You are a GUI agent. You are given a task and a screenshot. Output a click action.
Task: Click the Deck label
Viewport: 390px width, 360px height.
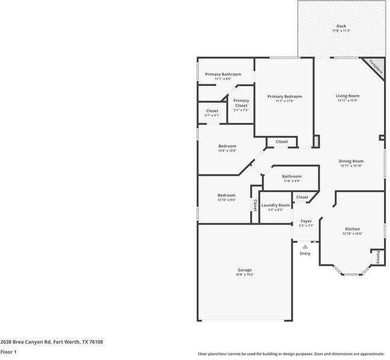[341, 26]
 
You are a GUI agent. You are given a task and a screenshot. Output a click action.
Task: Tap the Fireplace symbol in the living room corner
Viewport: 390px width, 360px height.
[375, 66]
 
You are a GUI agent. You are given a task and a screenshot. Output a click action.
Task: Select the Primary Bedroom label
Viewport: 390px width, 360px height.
[285, 96]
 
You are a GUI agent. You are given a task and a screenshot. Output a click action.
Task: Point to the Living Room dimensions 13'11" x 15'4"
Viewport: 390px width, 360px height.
[347, 101]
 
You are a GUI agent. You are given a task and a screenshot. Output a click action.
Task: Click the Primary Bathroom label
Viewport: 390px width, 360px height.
[223, 74]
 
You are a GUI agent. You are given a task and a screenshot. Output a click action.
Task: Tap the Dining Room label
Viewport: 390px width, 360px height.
[351, 161]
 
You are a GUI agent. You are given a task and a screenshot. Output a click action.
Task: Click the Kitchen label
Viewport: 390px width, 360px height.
[352, 229]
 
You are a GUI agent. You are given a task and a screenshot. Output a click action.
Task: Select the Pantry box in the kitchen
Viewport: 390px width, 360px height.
[377, 258]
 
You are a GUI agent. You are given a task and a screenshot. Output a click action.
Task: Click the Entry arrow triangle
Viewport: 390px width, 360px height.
[305, 246]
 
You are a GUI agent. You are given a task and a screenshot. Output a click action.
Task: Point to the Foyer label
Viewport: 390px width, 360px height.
[306, 221]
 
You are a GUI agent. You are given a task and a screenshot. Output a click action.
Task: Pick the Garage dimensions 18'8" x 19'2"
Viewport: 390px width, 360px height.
[244, 275]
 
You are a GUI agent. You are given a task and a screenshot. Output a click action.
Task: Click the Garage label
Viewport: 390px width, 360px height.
[244, 270]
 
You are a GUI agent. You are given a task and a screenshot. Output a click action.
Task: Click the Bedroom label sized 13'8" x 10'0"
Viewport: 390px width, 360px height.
[227, 146]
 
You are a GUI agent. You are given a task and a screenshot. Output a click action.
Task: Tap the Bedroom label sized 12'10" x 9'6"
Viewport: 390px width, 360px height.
[226, 195]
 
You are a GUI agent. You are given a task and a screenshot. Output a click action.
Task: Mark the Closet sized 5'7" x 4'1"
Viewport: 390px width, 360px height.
[212, 111]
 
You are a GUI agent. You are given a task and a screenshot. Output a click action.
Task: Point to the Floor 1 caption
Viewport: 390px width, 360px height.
[8, 352]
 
